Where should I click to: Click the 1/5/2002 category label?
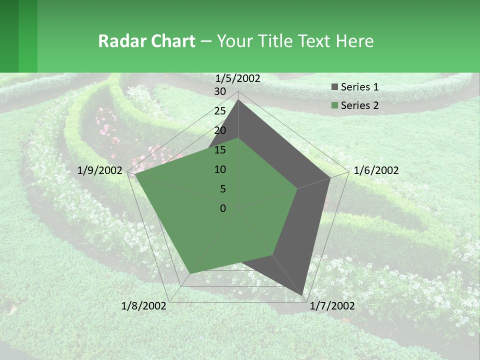click(x=238, y=78)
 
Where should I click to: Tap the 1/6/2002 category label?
click(x=376, y=170)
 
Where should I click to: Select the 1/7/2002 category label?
click(x=332, y=305)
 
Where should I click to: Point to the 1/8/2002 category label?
click(x=144, y=305)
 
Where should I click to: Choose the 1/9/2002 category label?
click(x=100, y=170)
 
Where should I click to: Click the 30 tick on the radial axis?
click(x=220, y=91)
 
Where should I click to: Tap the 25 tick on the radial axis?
click(x=220, y=111)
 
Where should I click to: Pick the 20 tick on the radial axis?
click(x=220, y=130)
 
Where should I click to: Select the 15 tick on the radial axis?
click(x=220, y=150)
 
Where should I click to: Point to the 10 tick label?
click(x=220, y=169)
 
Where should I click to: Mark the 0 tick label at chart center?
click(x=223, y=208)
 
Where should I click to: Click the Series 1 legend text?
click(x=359, y=87)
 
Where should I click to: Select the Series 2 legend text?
click(x=359, y=105)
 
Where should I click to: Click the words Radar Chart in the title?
click(x=146, y=41)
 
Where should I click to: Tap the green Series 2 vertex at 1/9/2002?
click(x=135, y=175)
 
